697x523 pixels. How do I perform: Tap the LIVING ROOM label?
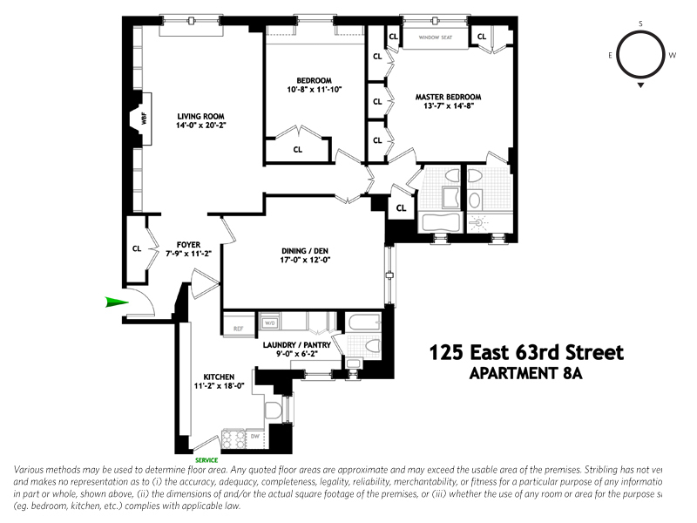point(201,116)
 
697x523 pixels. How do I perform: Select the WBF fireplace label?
point(144,120)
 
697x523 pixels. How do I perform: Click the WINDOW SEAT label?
point(435,37)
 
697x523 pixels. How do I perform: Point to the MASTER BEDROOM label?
point(448,97)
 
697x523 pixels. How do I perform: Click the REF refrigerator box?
point(237,329)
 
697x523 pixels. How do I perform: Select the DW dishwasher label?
point(256,436)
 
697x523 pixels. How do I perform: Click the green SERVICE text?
point(206,460)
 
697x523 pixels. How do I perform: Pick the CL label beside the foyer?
point(137,248)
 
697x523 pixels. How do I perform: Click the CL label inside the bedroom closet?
point(297,149)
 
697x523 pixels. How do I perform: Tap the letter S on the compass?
point(640,24)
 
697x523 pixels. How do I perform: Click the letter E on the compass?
point(611,55)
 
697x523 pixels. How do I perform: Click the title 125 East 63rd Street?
point(526,353)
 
